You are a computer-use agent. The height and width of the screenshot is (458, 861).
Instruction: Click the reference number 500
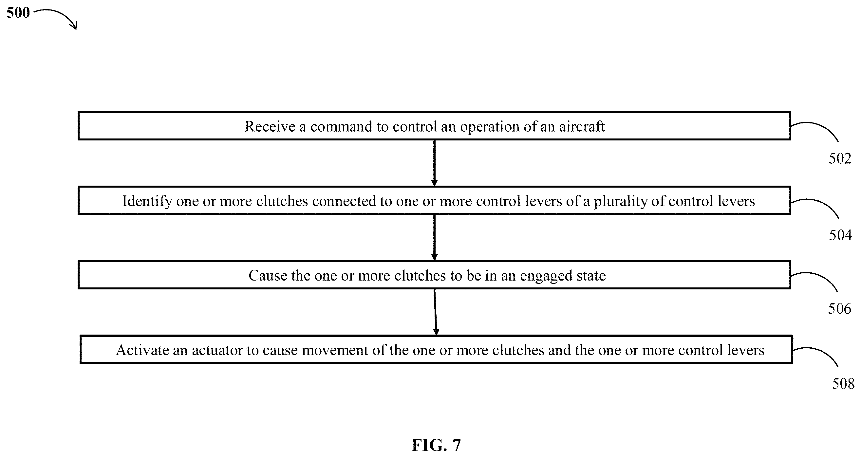(18, 13)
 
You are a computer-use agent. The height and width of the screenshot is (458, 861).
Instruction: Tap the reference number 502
(840, 158)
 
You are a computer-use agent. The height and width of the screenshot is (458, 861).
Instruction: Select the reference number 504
(840, 235)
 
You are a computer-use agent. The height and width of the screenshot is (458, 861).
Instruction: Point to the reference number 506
(840, 308)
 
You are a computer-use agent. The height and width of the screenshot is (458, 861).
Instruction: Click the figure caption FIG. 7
(436, 445)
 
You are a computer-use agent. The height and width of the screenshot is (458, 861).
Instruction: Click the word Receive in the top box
(270, 126)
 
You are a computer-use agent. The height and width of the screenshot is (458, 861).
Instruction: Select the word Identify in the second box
(147, 201)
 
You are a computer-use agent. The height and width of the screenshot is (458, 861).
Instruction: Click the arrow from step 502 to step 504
(434, 163)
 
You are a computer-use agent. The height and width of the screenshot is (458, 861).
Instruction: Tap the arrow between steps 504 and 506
(434, 238)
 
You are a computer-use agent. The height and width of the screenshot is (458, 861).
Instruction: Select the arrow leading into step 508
(435, 312)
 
